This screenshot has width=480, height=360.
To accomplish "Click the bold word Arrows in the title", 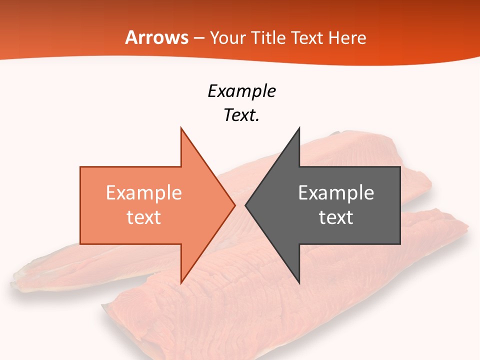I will [156, 38].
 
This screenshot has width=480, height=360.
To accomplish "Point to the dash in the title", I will [199, 38].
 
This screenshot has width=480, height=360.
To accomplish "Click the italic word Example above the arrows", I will [241, 91].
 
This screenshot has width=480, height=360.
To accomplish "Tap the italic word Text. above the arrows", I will [241, 115].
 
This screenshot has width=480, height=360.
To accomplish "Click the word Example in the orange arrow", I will [143, 193].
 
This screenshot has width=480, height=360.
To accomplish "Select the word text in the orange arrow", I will [143, 217].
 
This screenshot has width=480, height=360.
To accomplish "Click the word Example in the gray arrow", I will [336, 193].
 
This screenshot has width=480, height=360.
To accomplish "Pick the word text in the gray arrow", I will [336, 217].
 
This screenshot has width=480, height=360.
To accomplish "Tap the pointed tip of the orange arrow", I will [235, 205].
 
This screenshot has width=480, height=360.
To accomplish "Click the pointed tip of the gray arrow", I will [245, 205].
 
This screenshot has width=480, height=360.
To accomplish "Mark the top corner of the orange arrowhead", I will [181, 127].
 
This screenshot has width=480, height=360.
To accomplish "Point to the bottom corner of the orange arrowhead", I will [181, 283].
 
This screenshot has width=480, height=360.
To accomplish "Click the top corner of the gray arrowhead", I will [299, 127].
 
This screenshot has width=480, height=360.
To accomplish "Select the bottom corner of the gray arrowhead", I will [299, 283].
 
